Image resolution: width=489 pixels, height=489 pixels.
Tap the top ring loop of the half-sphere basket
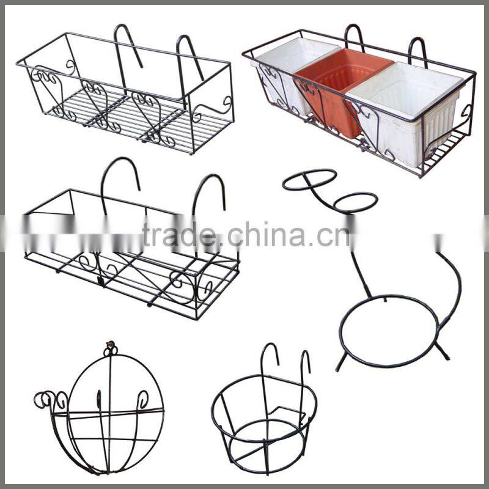click(111, 349)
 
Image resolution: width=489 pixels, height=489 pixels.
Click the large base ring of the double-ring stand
click(389, 330)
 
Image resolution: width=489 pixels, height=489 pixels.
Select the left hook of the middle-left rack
click(119, 177)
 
